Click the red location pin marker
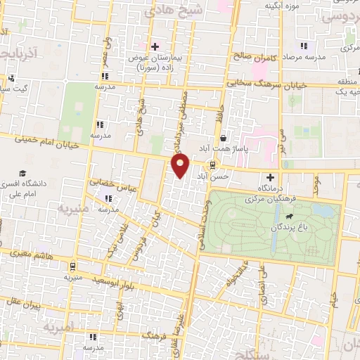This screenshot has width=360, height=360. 180,166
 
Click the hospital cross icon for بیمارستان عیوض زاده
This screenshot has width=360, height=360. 155,46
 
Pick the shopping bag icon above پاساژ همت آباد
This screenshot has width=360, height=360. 223,137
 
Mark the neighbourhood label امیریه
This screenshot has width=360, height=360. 58,328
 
